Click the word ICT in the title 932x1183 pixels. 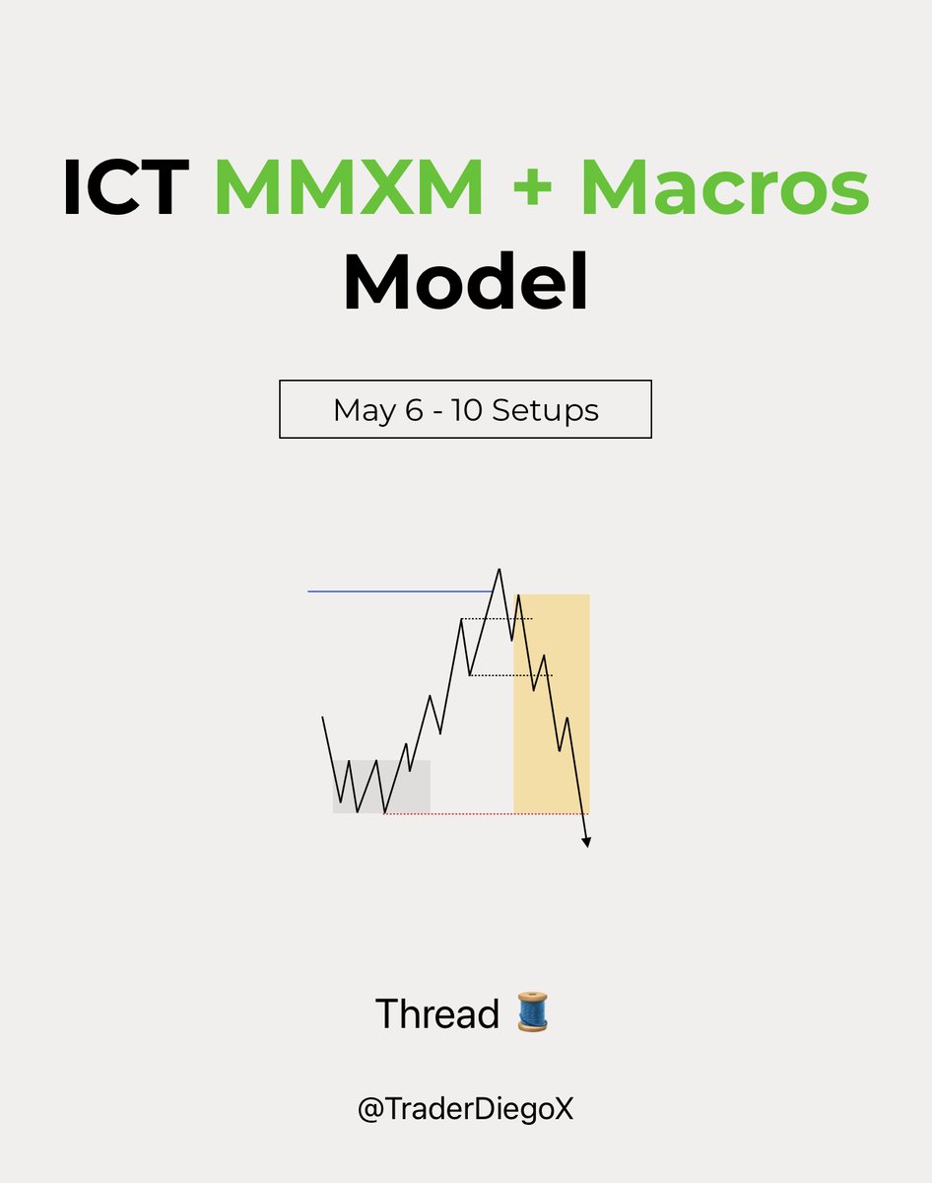(125, 187)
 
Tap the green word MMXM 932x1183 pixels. (349, 187)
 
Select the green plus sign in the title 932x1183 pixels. (533, 189)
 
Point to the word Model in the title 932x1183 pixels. (465, 281)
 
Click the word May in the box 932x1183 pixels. (365, 410)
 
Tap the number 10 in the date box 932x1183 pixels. (466, 409)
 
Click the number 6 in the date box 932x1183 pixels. (413, 409)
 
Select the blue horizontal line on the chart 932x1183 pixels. (394, 591)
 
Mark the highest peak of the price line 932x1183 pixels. (499, 570)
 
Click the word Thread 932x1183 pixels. (437, 1013)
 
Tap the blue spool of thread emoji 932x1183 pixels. (533, 1012)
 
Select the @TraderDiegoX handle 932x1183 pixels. (465, 1109)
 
